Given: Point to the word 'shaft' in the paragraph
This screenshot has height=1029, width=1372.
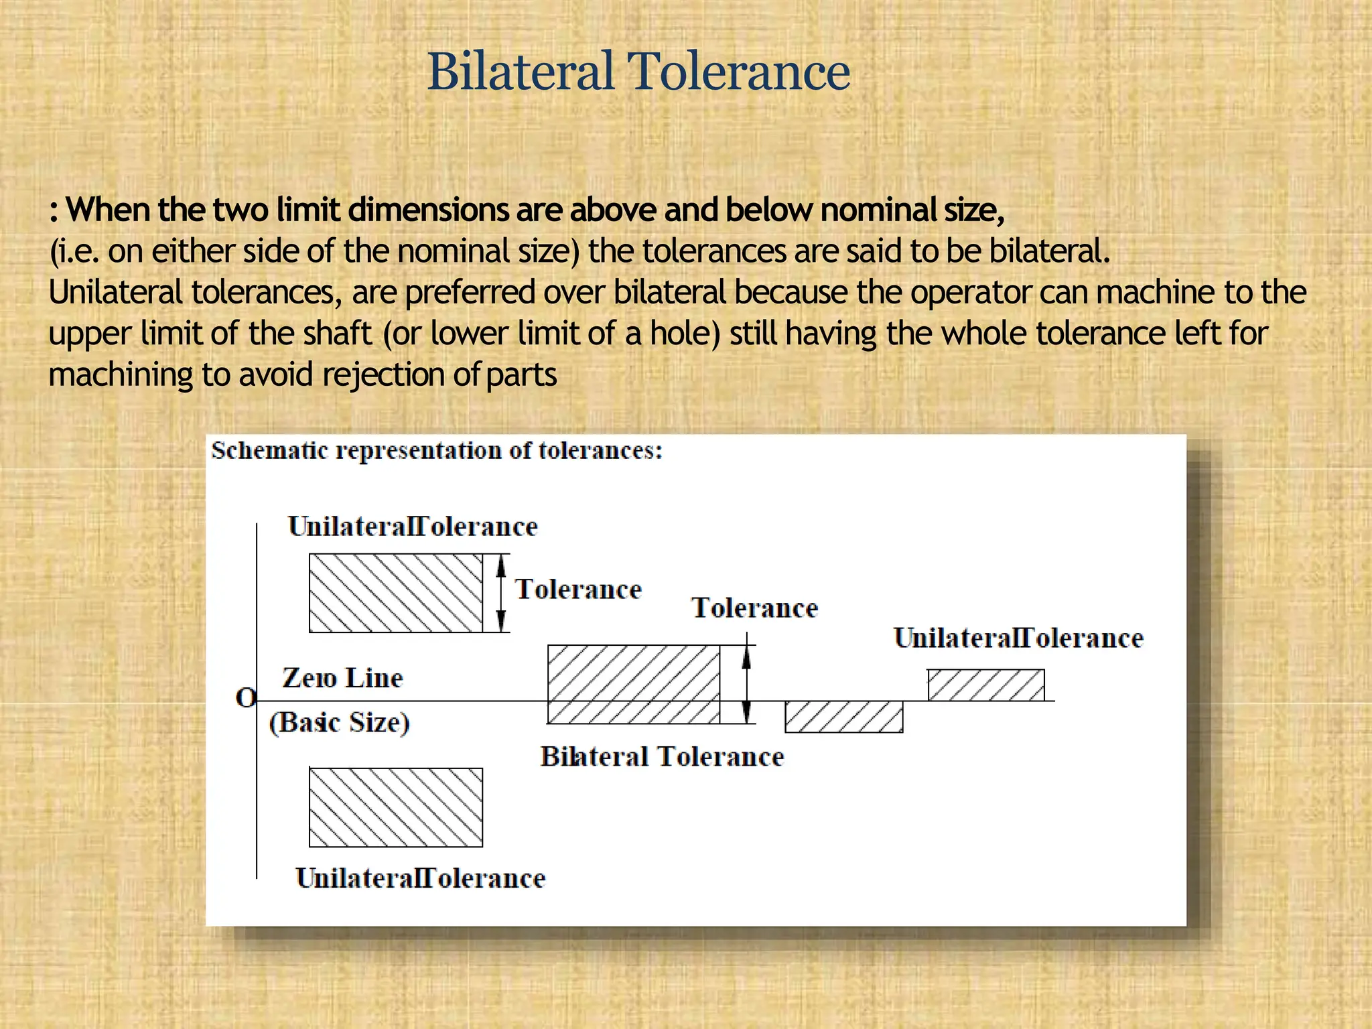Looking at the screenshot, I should [x=337, y=334].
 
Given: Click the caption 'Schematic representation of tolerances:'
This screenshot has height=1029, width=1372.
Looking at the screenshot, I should [x=437, y=450].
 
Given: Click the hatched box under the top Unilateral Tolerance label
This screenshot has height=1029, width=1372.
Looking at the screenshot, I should [x=395, y=593].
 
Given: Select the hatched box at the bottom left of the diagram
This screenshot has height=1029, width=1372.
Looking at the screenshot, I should [x=395, y=807].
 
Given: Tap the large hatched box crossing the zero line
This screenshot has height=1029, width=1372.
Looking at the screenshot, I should [x=634, y=684].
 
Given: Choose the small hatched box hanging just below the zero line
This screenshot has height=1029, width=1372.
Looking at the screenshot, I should [x=843, y=717].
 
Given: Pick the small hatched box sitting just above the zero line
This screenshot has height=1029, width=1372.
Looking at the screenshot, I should [x=985, y=685].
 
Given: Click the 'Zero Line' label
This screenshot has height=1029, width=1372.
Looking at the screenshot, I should [x=342, y=678].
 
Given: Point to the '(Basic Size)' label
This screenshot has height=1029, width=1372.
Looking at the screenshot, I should [x=339, y=722].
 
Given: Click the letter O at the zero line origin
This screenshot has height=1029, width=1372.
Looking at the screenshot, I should [x=246, y=698].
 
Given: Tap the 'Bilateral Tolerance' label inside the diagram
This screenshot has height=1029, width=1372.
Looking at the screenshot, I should [x=662, y=756].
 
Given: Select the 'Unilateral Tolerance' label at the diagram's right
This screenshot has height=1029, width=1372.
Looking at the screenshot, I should [x=1018, y=638].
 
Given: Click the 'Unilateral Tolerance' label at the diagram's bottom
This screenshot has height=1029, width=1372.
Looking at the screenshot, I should [x=420, y=878].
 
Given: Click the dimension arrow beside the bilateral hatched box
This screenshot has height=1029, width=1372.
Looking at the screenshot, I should [x=746, y=684].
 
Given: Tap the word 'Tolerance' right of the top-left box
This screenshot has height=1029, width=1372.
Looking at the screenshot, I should [x=578, y=590].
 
